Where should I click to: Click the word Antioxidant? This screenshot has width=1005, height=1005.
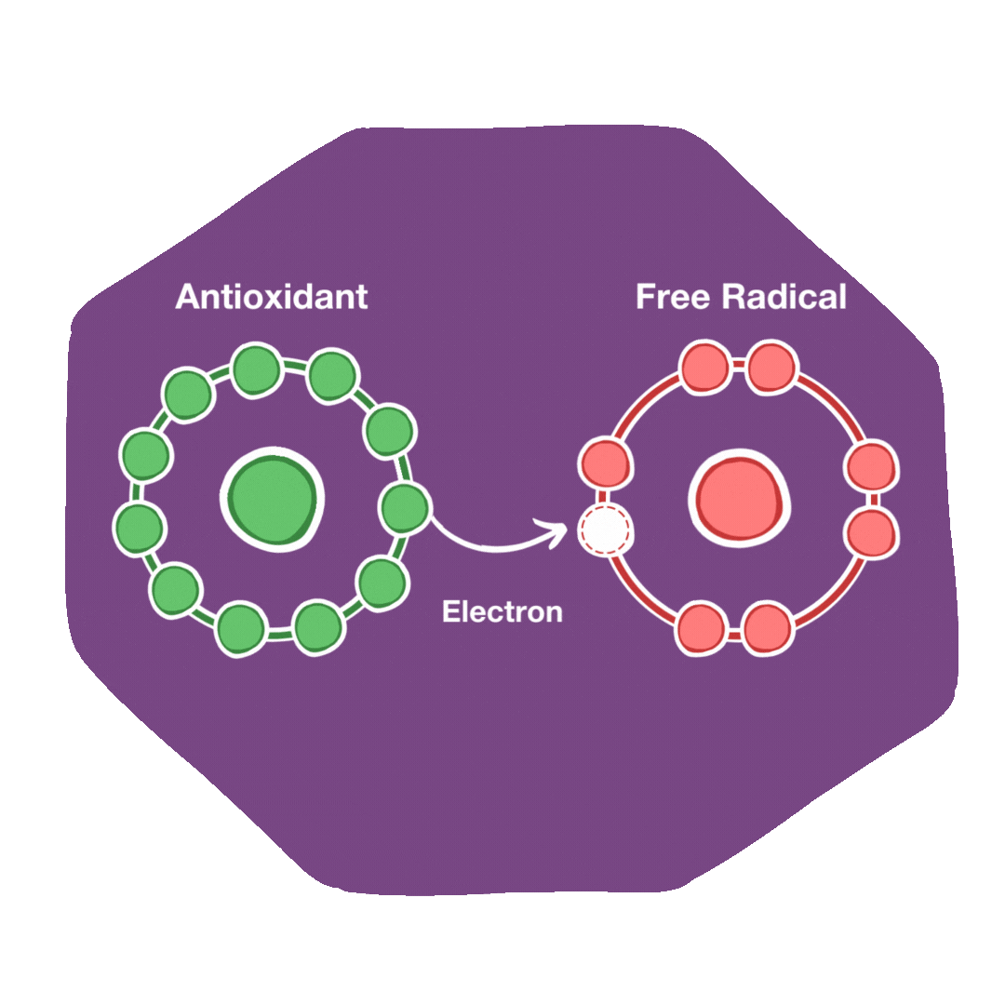click(x=271, y=297)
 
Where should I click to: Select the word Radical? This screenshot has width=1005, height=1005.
click(x=784, y=297)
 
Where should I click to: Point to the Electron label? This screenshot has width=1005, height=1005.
click(x=502, y=612)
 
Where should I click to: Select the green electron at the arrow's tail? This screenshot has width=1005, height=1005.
click(x=406, y=508)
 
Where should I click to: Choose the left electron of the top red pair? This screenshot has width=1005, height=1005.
click(x=705, y=368)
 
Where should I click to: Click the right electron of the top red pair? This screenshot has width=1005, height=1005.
click(x=771, y=368)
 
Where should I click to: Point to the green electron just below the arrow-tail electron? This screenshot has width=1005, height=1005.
click(x=382, y=583)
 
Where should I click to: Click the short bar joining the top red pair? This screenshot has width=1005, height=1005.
click(x=738, y=367)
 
